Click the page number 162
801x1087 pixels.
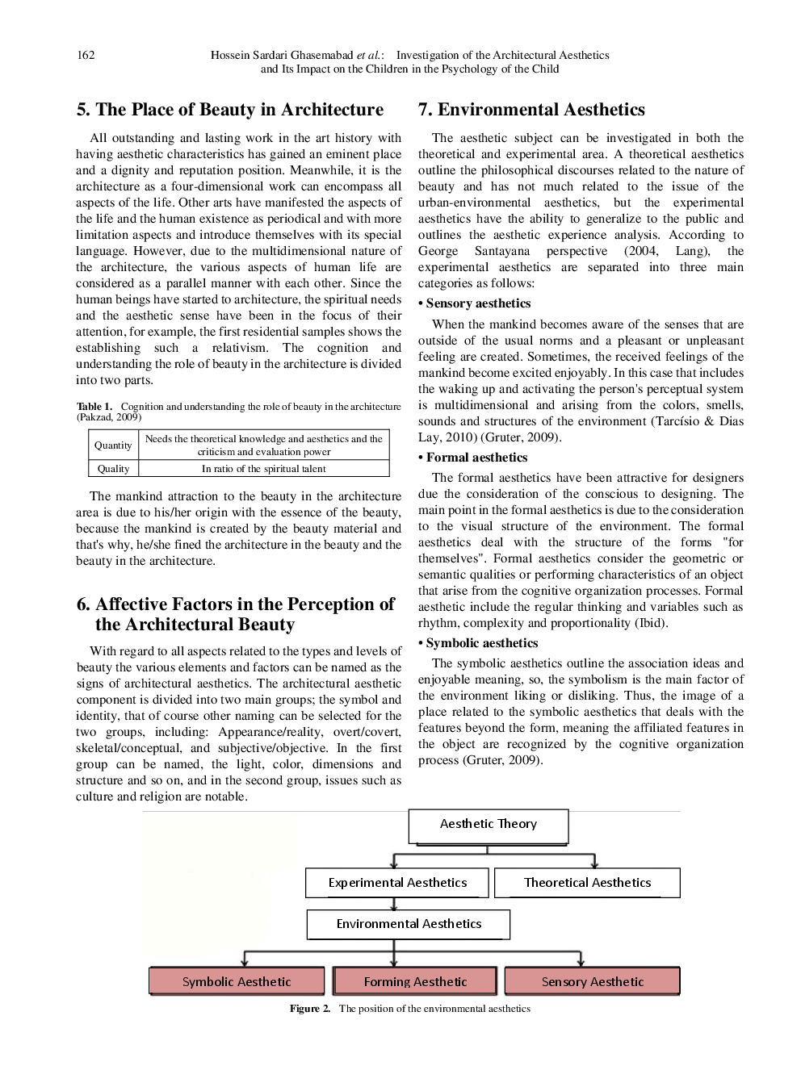click(86, 55)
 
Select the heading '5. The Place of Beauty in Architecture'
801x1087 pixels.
click(230, 110)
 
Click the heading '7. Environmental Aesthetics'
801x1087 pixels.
click(531, 110)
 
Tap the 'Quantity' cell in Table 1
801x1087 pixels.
click(113, 445)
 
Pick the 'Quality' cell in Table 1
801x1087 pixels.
click(113, 469)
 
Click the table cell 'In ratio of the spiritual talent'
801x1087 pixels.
click(264, 469)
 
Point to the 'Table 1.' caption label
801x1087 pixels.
click(94, 407)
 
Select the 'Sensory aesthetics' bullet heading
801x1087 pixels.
click(478, 303)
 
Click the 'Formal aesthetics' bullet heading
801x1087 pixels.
click(476, 458)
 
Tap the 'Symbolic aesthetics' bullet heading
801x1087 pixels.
click(481, 643)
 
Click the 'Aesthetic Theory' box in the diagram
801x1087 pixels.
click(488, 825)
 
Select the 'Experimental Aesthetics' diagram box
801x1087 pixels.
click(397, 883)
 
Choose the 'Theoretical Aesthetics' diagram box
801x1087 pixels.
click(587, 883)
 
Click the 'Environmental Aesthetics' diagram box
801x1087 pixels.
click(409, 924)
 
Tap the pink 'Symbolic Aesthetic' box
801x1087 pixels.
click(237, 981)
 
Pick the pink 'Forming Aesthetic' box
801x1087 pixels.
click(415, 981)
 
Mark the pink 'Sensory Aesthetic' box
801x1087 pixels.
click(593, 981)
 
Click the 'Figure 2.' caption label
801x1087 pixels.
click(310, 1009)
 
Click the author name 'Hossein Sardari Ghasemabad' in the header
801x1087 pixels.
click(282, 55)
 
